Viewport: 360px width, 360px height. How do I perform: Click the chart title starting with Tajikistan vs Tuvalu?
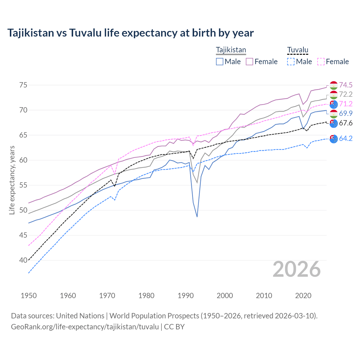130,33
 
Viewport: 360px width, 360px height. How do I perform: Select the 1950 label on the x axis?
29,296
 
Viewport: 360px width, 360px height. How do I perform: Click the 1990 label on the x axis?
186,296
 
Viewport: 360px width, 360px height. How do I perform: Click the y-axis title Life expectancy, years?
12,180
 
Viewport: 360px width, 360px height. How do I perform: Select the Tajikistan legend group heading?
231,50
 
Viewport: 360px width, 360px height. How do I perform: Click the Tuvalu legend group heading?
298,50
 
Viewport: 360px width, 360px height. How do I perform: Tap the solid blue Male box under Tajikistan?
220,62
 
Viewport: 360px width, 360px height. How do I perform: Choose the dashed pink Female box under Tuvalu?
321,62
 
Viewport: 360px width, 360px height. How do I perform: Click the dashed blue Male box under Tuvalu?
291,62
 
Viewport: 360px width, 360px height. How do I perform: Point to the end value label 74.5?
346,85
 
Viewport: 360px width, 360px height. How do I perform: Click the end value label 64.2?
346,138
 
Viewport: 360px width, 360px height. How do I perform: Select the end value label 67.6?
346,123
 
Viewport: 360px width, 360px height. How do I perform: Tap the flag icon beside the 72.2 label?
334,94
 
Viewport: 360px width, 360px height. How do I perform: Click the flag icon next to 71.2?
334,104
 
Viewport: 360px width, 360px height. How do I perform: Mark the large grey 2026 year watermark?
297,269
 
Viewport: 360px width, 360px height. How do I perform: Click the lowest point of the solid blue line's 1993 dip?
197,217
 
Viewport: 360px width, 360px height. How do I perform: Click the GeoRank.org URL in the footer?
85,327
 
